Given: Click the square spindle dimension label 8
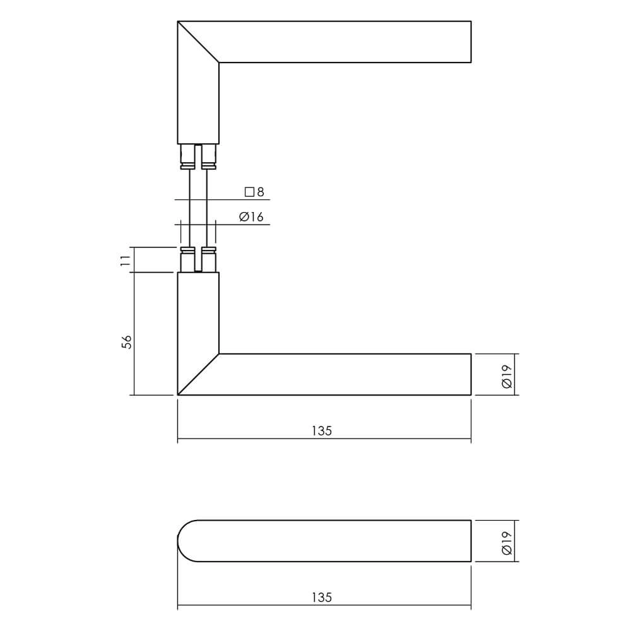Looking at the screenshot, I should click(260, 192).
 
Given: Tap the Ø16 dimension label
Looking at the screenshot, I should click(251, 218).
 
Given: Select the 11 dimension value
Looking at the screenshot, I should click(126, 259).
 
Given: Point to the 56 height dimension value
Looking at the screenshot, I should click(126, 341).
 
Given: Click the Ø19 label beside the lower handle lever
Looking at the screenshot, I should click(507, 375).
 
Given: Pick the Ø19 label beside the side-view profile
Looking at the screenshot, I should click(507, 541).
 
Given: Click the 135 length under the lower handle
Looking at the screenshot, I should click(321, 432).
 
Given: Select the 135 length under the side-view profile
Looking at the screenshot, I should click(321, 598).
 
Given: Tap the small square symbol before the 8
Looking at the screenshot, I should click(249, 192).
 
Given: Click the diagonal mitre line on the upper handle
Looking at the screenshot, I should click(198, 42).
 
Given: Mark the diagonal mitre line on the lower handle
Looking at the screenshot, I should click(198, 375).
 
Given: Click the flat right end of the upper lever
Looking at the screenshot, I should click(471, 42).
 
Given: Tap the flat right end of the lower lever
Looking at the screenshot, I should click(471, 375).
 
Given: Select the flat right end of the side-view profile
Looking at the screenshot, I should click(471, 541).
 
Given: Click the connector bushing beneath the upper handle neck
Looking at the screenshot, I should click(198, 156).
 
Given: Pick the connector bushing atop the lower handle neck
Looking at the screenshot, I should click(198, 260).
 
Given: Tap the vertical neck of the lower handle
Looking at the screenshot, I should click(198, 312).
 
